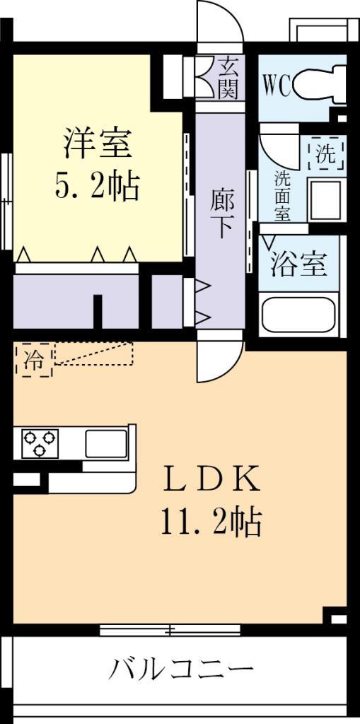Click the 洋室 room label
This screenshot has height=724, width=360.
97,144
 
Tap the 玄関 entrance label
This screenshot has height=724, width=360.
227,78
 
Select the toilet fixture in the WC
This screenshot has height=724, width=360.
318,85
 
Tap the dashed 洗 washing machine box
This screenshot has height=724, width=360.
325,155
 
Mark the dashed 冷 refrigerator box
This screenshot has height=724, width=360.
33,360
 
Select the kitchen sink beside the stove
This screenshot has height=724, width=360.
105,443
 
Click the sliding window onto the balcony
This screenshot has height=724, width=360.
170,629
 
